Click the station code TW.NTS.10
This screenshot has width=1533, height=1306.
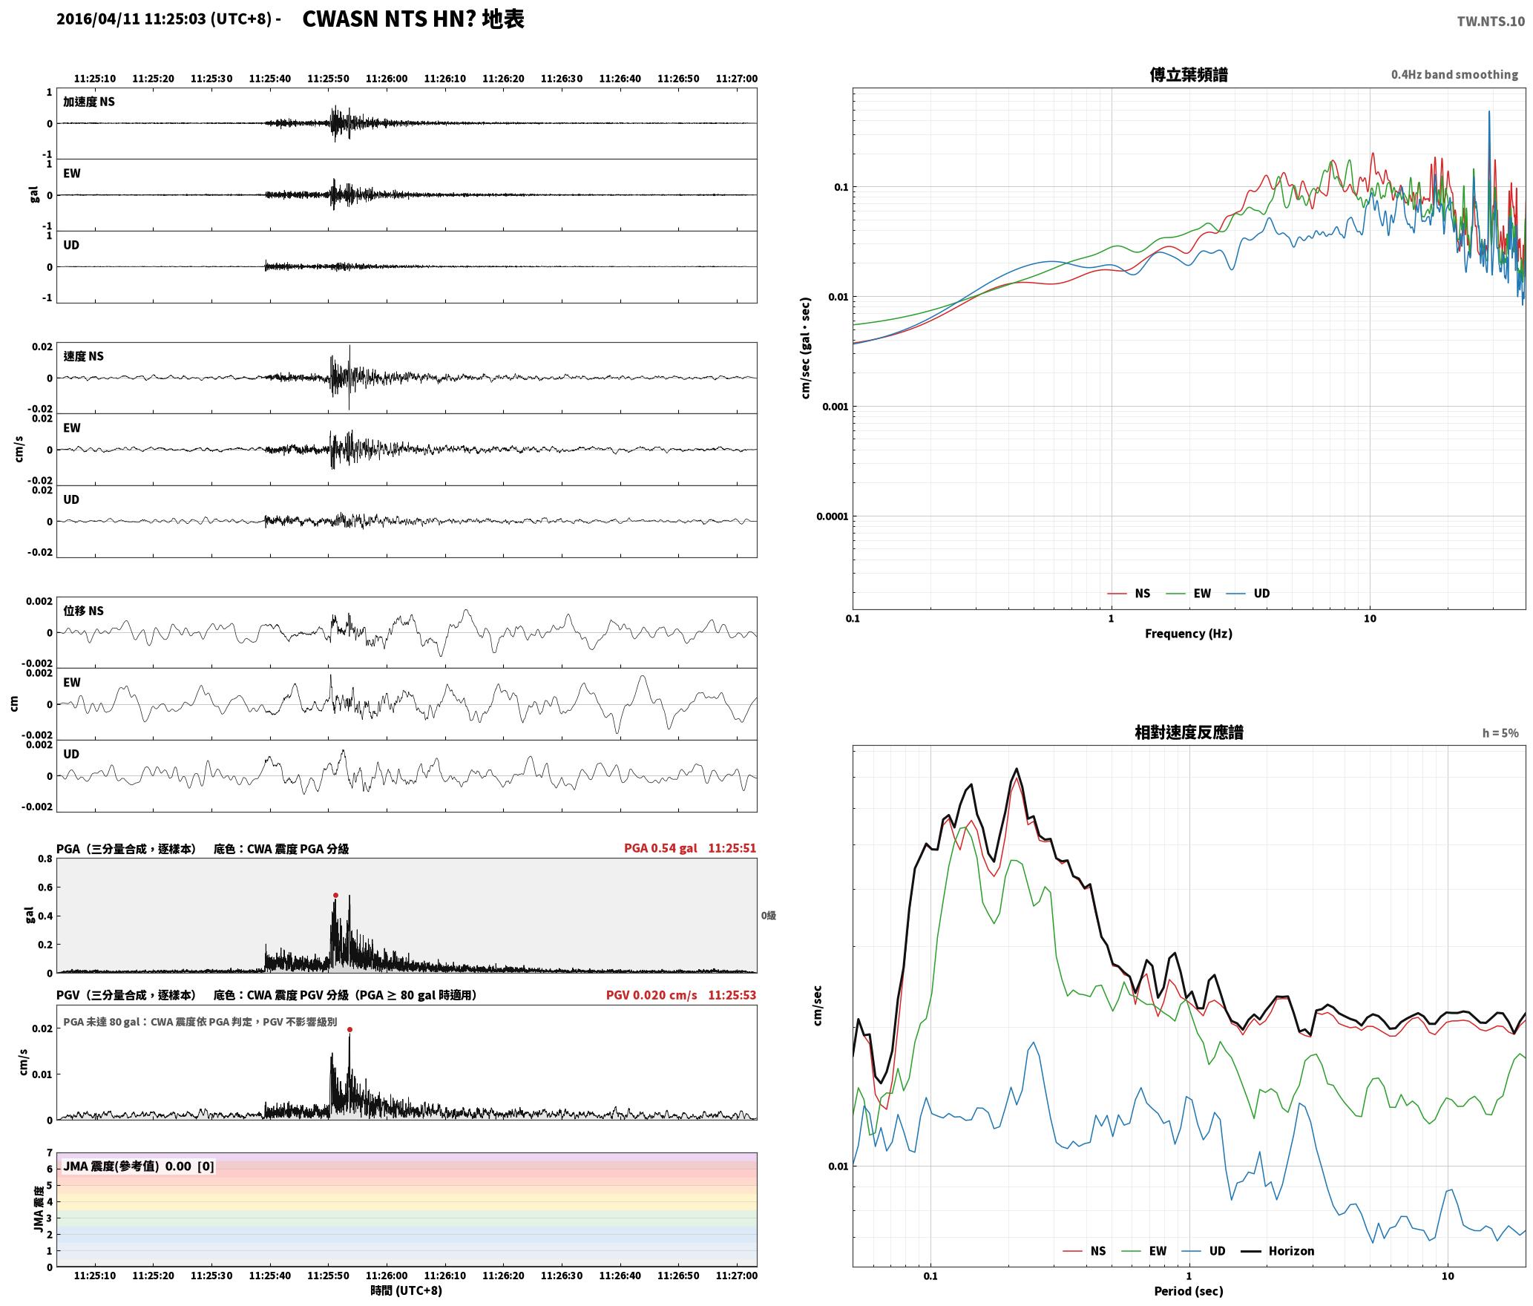pyautogui.click(x=1491, y=22)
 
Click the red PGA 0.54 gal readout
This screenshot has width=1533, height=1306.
pyautogui.click(x=660, y=848)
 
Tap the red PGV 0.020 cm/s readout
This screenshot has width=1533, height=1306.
pyautogui.click(x=651, y=995)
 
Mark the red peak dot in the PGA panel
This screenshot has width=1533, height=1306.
pyautogui.click(x=335, y=896)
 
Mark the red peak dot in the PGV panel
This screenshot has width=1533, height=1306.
pyautogui.click(x=349, y=1029)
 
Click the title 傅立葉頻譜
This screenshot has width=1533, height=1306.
pyautogui.click(x=1189, y=75)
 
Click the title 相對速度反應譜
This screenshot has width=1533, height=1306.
pyautogui.click(x=1189, y=732)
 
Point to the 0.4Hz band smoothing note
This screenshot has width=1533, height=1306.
pyautogui.click(x=1454, y=75)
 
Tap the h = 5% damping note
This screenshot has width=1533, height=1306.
pyautogui.click(x=1500, y=733)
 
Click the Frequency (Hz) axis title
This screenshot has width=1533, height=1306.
pyautogui.click(x=1189, y=634)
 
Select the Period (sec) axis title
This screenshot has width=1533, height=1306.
pyautogui.click(x=1189, y=1291)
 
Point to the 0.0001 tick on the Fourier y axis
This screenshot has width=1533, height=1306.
pyautogui.click(x=832, y=516)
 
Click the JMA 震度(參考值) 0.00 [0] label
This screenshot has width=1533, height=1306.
pyautogui.click(x=139, y=1166)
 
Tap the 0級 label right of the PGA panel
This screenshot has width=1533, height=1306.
pyautogui.click(x=768, y=916)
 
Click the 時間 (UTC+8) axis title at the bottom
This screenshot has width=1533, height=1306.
pyautogui.click(x=407, y=1290)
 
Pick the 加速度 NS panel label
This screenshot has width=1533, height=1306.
pyautogui.click(x=89, y=102)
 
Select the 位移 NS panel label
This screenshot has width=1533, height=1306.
pyautogui.click(x=83, y=611)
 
